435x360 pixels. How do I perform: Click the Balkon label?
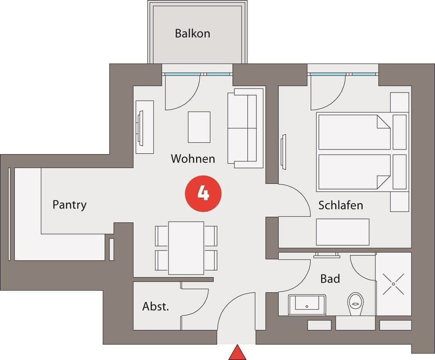[193, 34]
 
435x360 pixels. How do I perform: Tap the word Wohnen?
[193, 159]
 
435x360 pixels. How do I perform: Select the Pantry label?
[69, 204]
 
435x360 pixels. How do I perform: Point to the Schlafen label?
[341, 205]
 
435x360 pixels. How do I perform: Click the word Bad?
[330, 278]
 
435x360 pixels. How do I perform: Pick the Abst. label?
[155, 306]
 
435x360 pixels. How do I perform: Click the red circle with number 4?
[203, 194]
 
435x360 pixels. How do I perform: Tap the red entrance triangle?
[237, 353]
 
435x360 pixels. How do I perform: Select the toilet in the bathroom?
[356, 303]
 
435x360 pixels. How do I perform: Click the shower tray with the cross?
[393, 284]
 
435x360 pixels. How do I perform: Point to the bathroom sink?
[307, 304]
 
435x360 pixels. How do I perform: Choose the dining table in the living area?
[186, 248]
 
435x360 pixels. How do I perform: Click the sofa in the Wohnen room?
[245, 128]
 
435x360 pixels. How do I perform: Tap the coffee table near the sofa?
[199, 127]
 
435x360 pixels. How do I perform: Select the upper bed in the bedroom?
[354, 132]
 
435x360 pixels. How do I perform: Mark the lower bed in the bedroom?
[354, 172]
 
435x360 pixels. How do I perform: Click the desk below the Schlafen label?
[343, 232]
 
